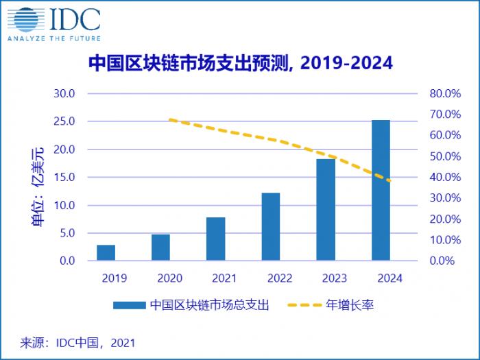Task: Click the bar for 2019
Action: pyautogui.click(x=106, y=252)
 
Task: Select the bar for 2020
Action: pyautogui.click(x=160, y=247)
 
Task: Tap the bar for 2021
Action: pyautogui.click(x=215, y=239)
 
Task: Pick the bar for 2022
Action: pyautogui.click(x=271, y=226)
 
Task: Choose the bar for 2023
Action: pyautogui.click(x=326, y=209)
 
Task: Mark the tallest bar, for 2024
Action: pyautogui.click(x=381, y=190)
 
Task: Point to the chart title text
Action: pyautogui.click(x=241, y=63)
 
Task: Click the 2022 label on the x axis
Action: pyautogui.click(x=271, y=278)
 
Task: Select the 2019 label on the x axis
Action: pyautogui.click(x=106, y=278)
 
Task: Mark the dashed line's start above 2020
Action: pyautogui.click(x=170, y=120)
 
